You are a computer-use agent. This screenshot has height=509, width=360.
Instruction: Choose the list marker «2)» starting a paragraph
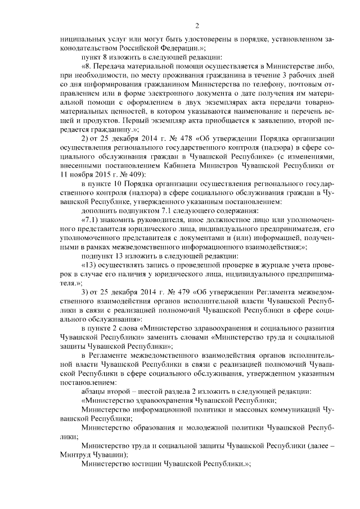click(85, 139)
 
